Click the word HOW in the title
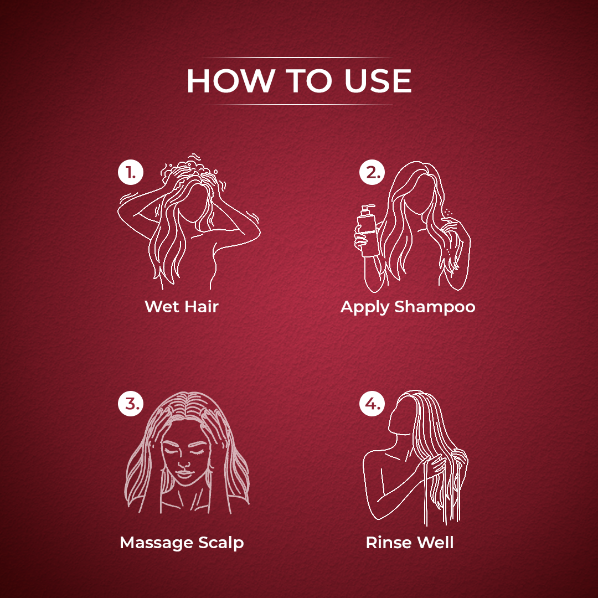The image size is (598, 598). pyautogui.click(x=230, y=81)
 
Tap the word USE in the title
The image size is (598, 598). pyautogui.click(x=378, y=81)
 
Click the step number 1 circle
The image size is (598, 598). pyautogui.click(x=131, y=172)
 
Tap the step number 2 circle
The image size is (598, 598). pyautogui.click(x=372, y=172)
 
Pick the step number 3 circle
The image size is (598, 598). pyautogui.click(x=131, y=404)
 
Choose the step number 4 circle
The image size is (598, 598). pyautogui.click(x=372, y=404)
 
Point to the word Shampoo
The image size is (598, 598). pyautogui.click(x=435, y=307)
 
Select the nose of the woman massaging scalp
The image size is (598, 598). pyautogui.click(x=184, y=464)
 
